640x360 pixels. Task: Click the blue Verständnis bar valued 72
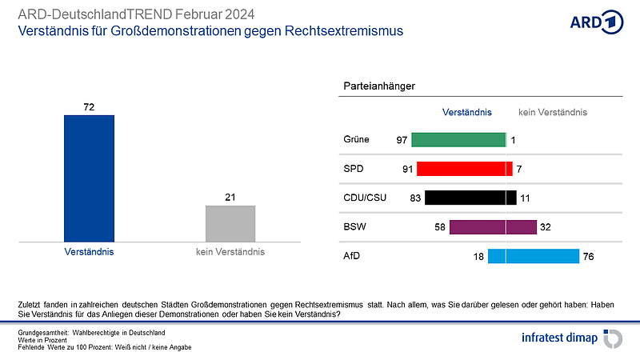tap(89, 178)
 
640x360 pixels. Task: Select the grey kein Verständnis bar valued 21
tap(230, 223)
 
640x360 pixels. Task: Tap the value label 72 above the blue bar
tap(89, 106)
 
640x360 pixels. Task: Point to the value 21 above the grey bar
tap(230, 197)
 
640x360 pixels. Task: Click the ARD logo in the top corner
tap(595, 22)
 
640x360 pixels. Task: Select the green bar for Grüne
tap(458, 140)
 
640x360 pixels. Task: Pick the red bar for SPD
tap(465, 169)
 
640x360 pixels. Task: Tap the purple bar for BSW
tap(493, 227)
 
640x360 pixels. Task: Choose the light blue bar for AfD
tap(533, 256)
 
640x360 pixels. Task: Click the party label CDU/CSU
tap(365, 198)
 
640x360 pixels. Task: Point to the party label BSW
tap(355, 227)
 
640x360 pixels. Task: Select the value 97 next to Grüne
tap(402, 140)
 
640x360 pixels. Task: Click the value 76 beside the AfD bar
tap(589, 256)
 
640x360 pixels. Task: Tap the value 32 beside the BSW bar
tap(546, 227)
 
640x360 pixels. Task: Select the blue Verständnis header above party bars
tap(466, 113)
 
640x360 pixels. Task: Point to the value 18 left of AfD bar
tap(478, 256)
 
